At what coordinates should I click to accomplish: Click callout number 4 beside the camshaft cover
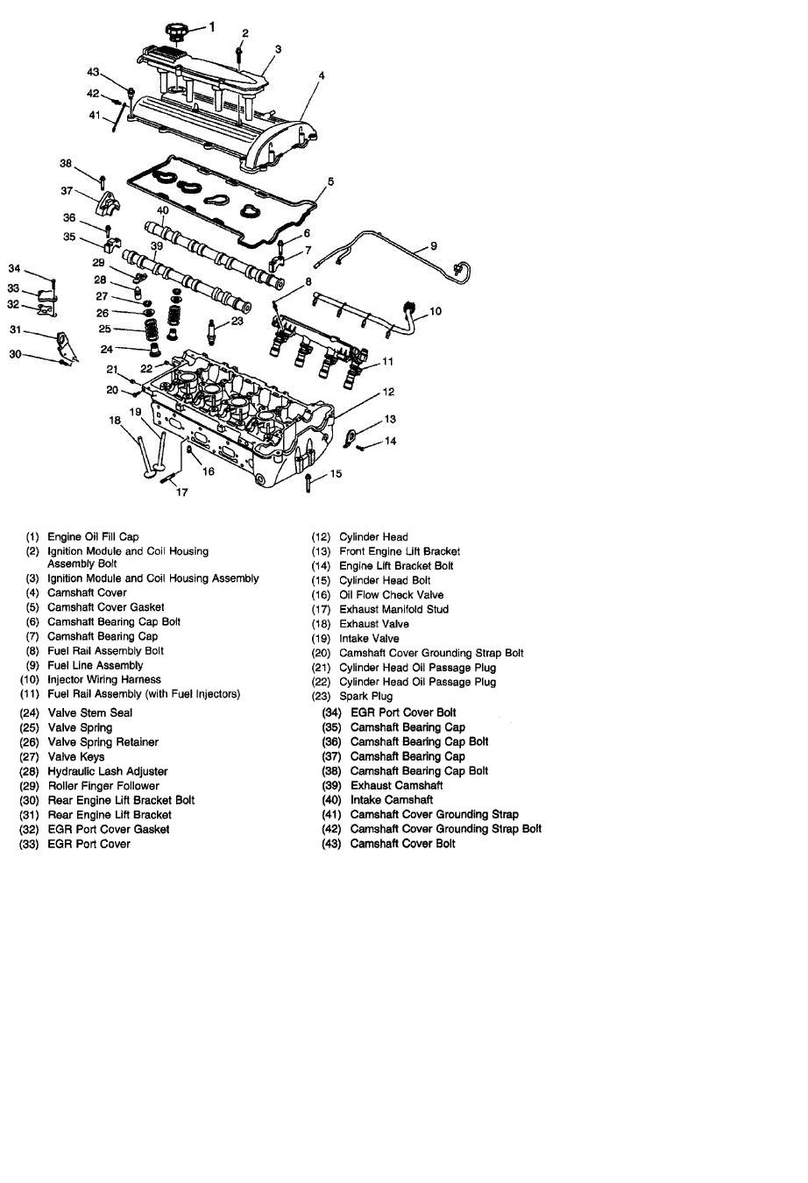click(322, 76)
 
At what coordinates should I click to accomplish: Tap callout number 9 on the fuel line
click(433, 246)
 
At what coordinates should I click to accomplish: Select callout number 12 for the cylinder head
click(388, 392)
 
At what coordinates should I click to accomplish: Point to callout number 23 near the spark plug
click(237, 322)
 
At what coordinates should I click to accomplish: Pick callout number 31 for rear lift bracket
click(15, 329)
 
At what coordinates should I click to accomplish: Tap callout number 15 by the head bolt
click(336, 474)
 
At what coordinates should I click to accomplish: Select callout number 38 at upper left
click(66, 164)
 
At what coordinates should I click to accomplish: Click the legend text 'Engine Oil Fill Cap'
click(93, 536)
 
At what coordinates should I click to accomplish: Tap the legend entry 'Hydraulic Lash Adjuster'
click(107, 771)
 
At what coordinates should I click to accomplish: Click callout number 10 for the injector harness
click(436, 311)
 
